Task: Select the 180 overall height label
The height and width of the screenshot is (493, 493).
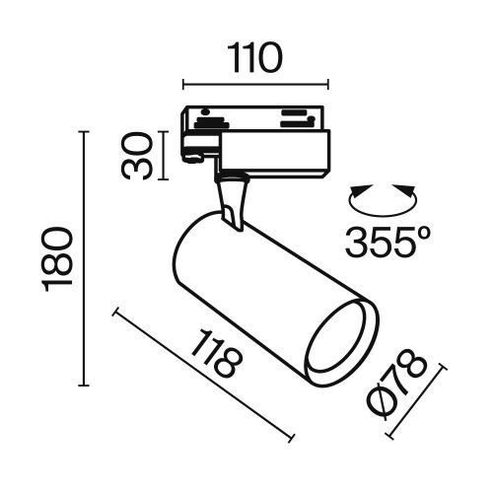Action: [x=61, y=259]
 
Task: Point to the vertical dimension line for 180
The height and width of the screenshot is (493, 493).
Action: [x=83, y=259]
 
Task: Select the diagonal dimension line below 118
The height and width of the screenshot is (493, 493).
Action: [x=205, y=376]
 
